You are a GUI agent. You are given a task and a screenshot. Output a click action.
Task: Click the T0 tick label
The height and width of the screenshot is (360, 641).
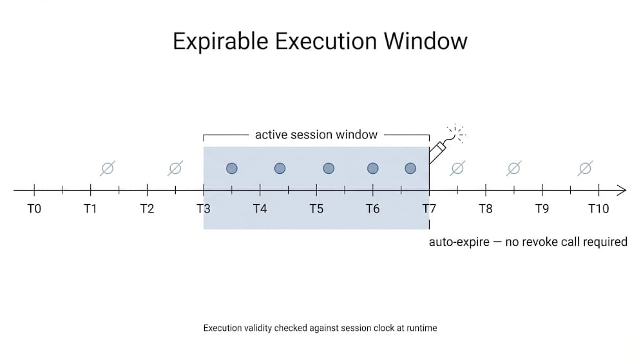point(34,209)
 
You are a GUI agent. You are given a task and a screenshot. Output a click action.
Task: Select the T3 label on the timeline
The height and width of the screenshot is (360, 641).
point(204,209)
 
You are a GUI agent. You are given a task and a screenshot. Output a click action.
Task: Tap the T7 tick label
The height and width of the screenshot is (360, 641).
point(429,209)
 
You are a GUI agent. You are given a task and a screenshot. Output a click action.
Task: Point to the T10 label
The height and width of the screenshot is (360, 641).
point(598,209)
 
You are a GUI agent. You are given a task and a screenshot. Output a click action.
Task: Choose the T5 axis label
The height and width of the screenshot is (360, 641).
point(316,209)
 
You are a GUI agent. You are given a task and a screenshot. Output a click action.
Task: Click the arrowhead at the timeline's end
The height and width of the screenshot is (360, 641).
point(621,190)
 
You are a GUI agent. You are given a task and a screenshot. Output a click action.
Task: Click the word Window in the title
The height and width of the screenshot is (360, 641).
point(426,41)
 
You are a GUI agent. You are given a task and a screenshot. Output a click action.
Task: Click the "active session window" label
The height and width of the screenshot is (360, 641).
point(316,135)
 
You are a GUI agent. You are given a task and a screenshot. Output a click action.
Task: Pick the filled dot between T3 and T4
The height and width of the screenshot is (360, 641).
point(232,168)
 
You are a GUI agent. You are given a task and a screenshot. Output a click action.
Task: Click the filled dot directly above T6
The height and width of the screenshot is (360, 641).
point(372,168)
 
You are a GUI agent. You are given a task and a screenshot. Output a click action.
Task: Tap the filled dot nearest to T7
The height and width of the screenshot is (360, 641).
point(410,168)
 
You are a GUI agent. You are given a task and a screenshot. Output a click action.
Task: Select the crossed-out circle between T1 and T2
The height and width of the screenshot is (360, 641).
point(108,169)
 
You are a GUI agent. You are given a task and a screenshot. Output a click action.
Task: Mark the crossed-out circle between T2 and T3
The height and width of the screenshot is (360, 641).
point(175,169)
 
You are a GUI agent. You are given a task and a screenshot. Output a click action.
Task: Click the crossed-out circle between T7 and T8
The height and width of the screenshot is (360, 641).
point(457,169)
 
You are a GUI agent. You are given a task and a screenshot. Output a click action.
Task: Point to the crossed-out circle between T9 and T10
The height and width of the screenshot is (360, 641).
point(585,169)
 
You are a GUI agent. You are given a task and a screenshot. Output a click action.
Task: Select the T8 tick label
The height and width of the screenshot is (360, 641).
point(486,209)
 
